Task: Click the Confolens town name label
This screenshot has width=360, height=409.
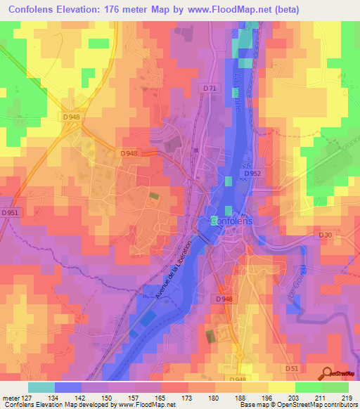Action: (235, 221)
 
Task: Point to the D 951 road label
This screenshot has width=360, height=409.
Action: (10, 212)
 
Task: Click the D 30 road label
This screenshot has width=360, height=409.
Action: (324, 235)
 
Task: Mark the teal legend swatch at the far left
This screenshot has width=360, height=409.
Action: (41, 387)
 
